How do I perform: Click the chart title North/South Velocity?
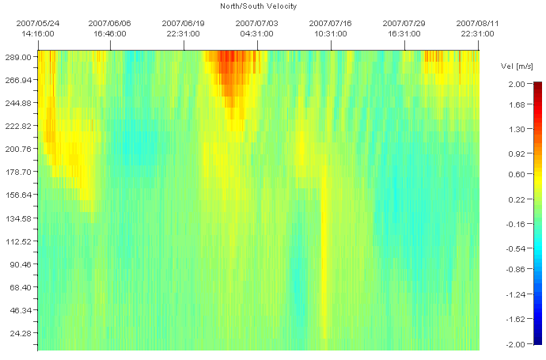258,6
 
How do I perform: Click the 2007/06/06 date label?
110,24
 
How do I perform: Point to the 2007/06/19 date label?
184,24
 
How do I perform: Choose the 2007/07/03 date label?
257,24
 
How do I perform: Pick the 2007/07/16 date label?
331,24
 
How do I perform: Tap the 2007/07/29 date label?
404,24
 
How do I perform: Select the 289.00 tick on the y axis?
18,58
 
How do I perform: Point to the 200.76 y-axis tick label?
18,149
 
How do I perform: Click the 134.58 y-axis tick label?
18,218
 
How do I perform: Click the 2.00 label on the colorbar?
517,83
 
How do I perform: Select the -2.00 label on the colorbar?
516,344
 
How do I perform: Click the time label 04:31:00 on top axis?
257,34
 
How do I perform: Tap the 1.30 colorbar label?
517,128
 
